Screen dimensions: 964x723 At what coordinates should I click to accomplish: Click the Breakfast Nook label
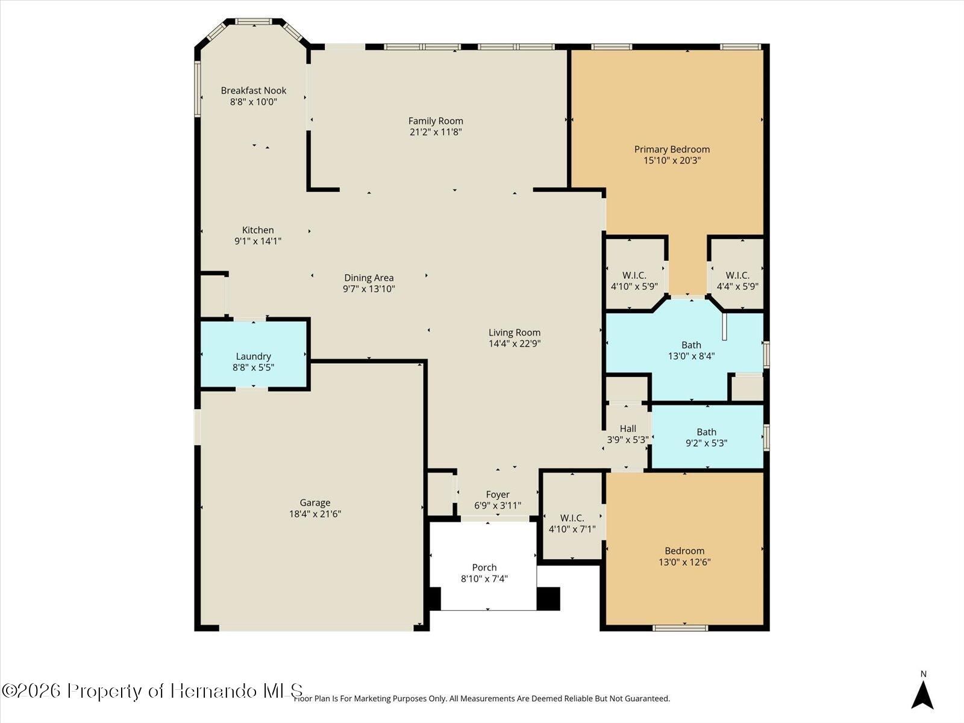pos(254,90)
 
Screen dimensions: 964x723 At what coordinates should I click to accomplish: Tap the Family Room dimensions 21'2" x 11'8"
pos(436,132)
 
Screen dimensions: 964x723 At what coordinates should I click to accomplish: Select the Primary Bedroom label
pos(672,149)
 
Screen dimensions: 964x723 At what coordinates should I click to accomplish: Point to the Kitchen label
pos(258,230)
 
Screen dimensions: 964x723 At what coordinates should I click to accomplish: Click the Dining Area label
pos(369,278)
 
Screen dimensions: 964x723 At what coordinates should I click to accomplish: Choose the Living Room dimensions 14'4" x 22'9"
pos(515,343)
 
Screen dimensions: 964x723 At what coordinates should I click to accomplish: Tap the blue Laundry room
pos(254,354)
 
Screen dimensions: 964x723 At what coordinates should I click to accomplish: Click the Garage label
pos(315,502)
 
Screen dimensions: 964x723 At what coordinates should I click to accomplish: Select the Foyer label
pos(498,495)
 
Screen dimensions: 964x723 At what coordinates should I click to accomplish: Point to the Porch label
pos(484,568)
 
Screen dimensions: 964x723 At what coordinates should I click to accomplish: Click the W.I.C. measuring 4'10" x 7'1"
pos(572,518)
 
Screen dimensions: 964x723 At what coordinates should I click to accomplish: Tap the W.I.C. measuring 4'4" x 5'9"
pos(737,275)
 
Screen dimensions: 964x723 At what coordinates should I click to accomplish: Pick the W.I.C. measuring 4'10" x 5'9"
pos(634,275)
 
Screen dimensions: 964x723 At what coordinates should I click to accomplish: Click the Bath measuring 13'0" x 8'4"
pos(691,345)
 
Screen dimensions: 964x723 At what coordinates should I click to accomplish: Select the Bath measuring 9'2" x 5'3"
pos(706,432)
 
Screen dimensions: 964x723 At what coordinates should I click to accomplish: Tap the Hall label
pos(628,428)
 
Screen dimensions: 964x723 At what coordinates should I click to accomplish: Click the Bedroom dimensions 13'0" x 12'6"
pos(684,562)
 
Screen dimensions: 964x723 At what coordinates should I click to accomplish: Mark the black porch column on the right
pos(548,599)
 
